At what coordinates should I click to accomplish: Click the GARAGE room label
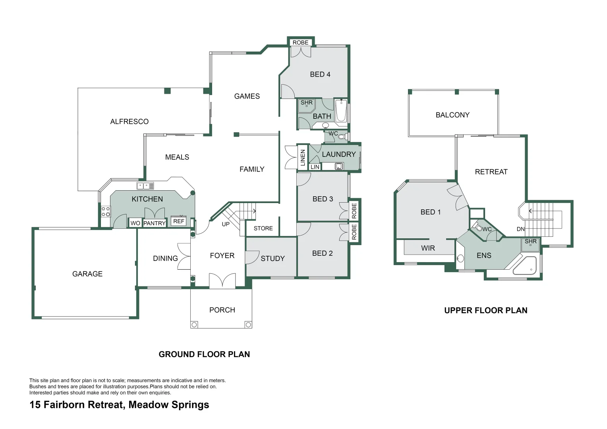pos(87,274)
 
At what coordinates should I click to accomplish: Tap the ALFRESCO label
pos(129,122)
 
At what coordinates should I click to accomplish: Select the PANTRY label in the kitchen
pos(154,223)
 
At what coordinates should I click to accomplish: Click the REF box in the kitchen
pos(179,221)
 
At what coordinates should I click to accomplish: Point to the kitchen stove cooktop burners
pos(106,211)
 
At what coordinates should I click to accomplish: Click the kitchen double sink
pos(145,186)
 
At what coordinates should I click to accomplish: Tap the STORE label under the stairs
pos(263,228)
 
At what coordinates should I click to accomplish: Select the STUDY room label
pos(273,259)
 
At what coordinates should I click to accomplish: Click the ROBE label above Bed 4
pos(300,43)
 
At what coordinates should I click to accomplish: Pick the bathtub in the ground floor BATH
pos(341,111)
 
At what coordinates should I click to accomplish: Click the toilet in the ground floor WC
pos(342,137)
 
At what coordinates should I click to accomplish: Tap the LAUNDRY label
pos(338,154)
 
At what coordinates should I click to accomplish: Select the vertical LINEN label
pos(303,157)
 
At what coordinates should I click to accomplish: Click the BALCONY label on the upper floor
pos(452,115)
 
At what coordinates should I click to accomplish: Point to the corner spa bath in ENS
pos(526,266)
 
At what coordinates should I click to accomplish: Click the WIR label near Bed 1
pos(428,248)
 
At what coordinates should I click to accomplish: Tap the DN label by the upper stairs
pos(520,229)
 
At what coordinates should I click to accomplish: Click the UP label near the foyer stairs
pos(226,224)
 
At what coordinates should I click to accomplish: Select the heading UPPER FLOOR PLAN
pos(485,310)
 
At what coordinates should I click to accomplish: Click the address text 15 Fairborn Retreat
pos(119,405)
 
